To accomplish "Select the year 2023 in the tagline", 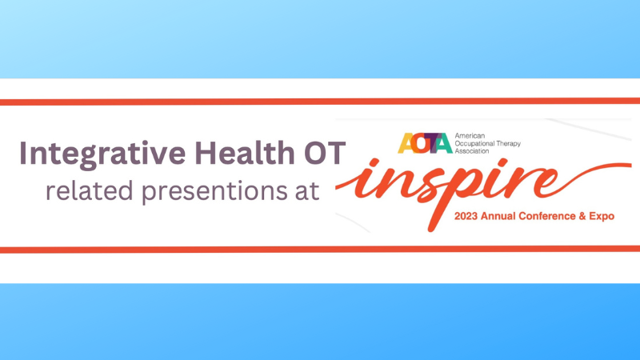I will [469, 217].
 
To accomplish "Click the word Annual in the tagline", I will [507, 217].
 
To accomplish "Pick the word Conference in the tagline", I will [560, 217].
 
